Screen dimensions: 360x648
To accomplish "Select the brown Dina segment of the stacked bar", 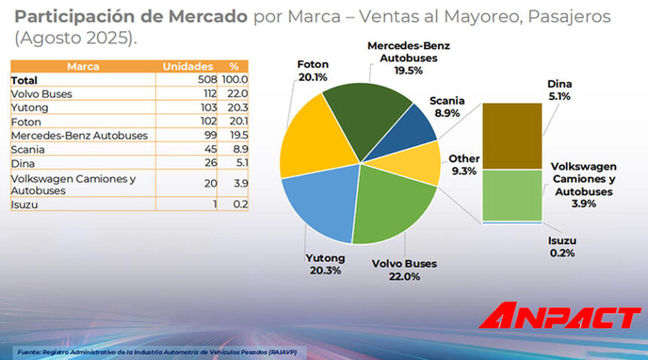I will (x=512, y=136).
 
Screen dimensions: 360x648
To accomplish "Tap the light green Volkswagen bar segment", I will (x=512, y=194).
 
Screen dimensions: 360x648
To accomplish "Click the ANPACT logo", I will (x=559, y=316).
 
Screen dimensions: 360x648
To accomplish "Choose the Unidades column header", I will (x=188, y=66).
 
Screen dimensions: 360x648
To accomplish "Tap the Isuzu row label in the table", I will (x=24, y=203).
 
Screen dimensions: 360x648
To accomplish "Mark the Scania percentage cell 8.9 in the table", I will (x=239, y=148).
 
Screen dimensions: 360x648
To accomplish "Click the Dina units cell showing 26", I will (x=209, y=162).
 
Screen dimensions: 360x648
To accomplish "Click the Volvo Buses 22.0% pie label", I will (x=405, y=270).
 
